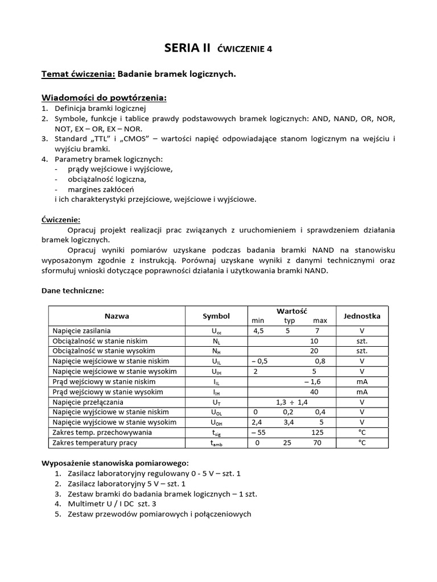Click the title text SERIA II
[x=187, y=48]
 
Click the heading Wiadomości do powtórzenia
[x=104, y=98]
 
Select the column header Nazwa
[x=117, y=316]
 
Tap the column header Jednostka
[x=362, y=316]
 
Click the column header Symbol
[x=216, y=316]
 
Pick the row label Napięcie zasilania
[x=81, y=331]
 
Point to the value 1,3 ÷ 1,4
[x=291, y=402]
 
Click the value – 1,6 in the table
[x=312, y=382]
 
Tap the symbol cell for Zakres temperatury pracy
[x=216, y=443]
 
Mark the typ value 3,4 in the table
[x=290, y=423]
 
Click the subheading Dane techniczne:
[x=73, y=290]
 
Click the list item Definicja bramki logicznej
[x=101, y=108]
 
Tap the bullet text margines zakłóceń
[x=101, y=189]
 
